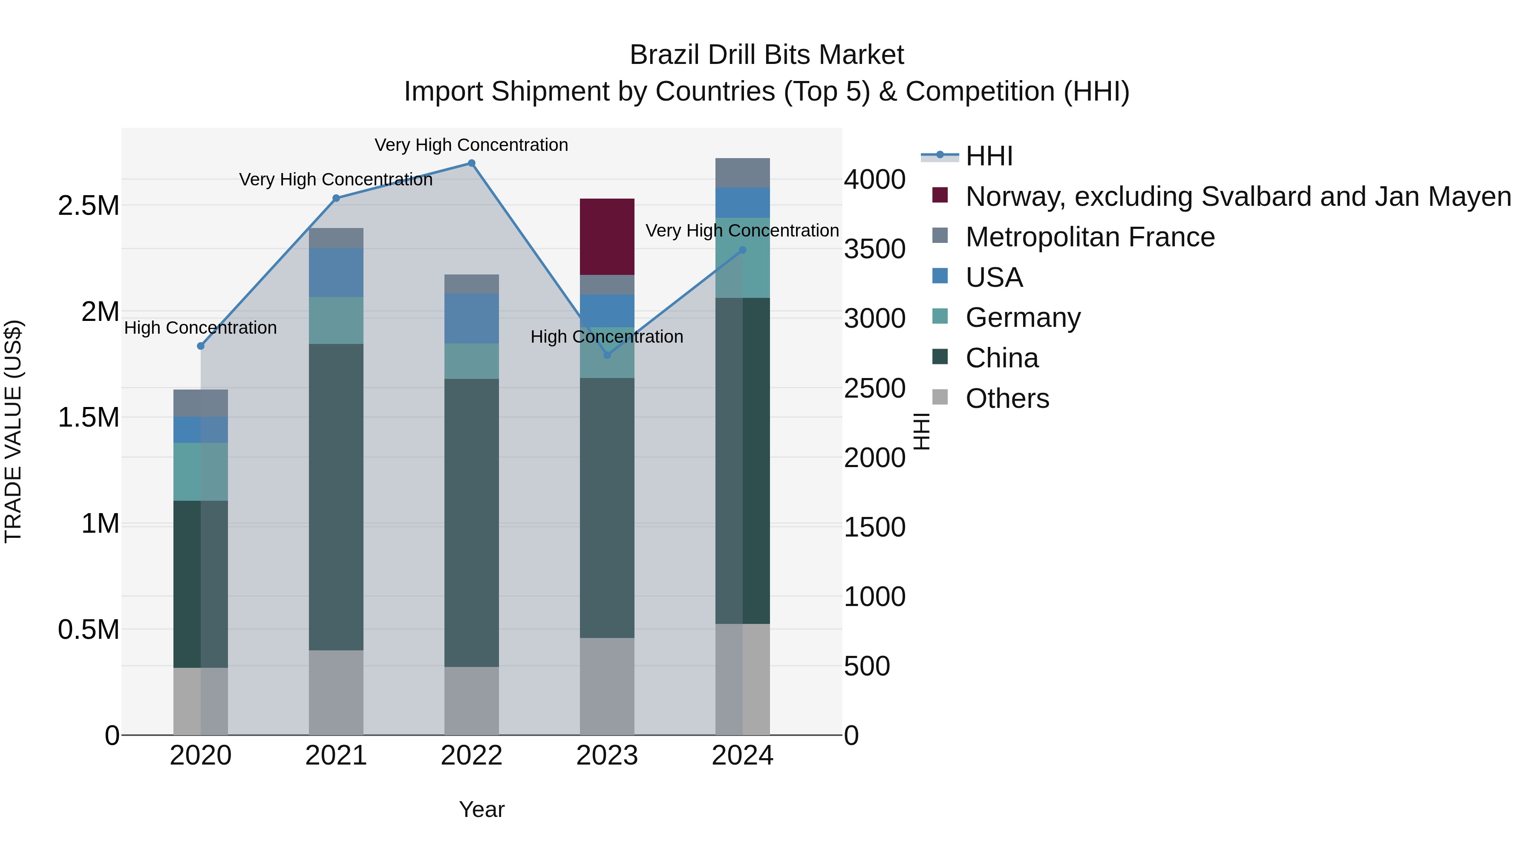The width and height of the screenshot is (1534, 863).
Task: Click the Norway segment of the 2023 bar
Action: (607, 237)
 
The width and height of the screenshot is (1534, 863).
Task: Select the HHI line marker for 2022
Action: (471, 163)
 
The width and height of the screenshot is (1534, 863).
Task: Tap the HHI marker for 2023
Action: (607, 355)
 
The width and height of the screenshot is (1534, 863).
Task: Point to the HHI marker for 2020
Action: (201, 346)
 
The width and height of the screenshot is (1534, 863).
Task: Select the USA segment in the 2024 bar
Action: (742, 202)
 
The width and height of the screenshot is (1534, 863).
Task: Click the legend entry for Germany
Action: (1023, 317)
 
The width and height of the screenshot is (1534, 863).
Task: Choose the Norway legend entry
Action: (1237, 196)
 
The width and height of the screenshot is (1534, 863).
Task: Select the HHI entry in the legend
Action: (989, 156)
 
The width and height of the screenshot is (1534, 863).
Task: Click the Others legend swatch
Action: (940, 397)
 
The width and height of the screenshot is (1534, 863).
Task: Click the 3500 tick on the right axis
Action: (874, 249)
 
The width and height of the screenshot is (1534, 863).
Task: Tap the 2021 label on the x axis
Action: (336, 756)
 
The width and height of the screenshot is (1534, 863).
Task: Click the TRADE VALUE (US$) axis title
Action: (13, 431)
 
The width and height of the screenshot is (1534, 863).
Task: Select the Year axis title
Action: (481, 809)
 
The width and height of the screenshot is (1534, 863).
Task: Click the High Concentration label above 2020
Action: (201, 328)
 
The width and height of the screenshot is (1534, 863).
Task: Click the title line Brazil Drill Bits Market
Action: (767, 55)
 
